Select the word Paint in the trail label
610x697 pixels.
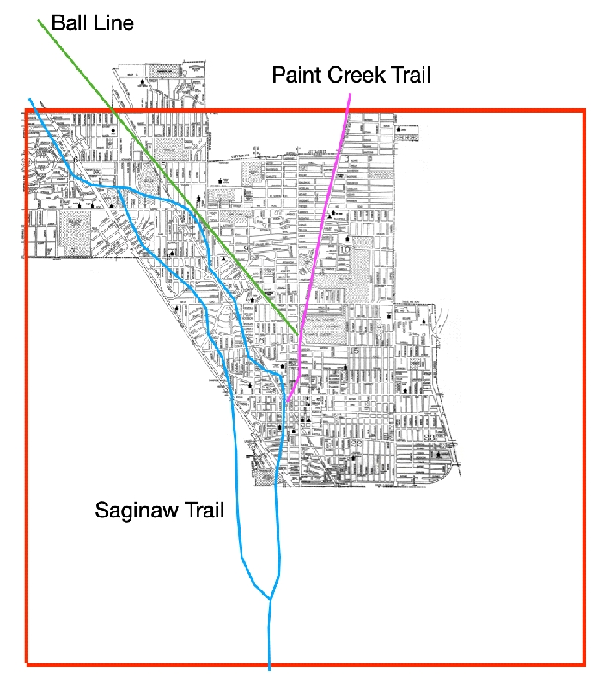pos(296,75)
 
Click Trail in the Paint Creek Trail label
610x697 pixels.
pos(408,75)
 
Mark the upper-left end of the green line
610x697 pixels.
pos(38,19)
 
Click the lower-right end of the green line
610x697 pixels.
pos(298,333)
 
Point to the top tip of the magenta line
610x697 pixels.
pos(349,94)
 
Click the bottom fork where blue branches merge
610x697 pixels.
pos(271,598)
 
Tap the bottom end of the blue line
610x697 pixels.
pos(270,669)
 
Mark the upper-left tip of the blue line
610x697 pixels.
pos(30,99)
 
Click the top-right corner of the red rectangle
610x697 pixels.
pos(584,110)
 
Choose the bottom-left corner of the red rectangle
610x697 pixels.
pos(27,664)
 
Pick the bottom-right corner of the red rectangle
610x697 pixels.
pos(584,664)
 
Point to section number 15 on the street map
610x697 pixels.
pos(354,351)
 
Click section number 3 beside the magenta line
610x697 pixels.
pos(346,159)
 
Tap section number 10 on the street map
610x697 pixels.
pos(345,249)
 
